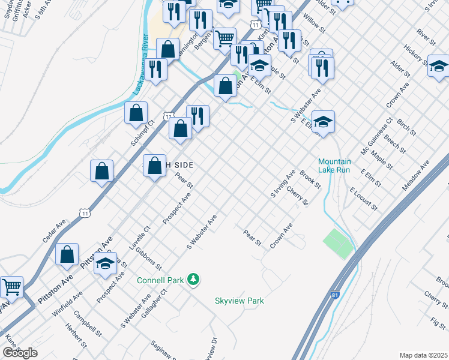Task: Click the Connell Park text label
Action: [x=161, y=280]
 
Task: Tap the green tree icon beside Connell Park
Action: [x=193, y=279]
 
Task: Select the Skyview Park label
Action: [x=240, y=301]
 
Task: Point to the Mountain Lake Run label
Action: [x=334, y=166]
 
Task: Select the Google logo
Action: [x=20, y=352]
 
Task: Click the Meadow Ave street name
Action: [x=417, y=175]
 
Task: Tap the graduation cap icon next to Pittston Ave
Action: [x=106, y=264]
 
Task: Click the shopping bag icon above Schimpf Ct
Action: [x=137, y=112]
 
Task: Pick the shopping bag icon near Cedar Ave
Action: [x=102, y=170]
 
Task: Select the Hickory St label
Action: [x=415, y=55]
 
